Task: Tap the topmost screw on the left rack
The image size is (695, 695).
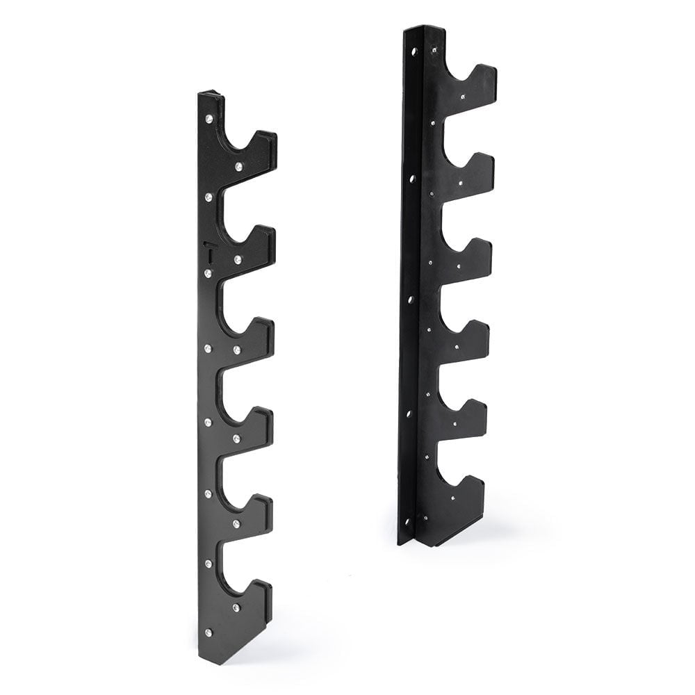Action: [x=208, y=120]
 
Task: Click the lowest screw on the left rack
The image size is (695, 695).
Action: [x=208, y=632]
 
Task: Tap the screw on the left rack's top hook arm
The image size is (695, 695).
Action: [x=238, y=166]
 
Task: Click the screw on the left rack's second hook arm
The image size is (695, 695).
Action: [x=237, y=259]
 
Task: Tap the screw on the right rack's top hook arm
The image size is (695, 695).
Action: [x=461, y=98]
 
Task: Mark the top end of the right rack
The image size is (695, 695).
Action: [x=425, y=29]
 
